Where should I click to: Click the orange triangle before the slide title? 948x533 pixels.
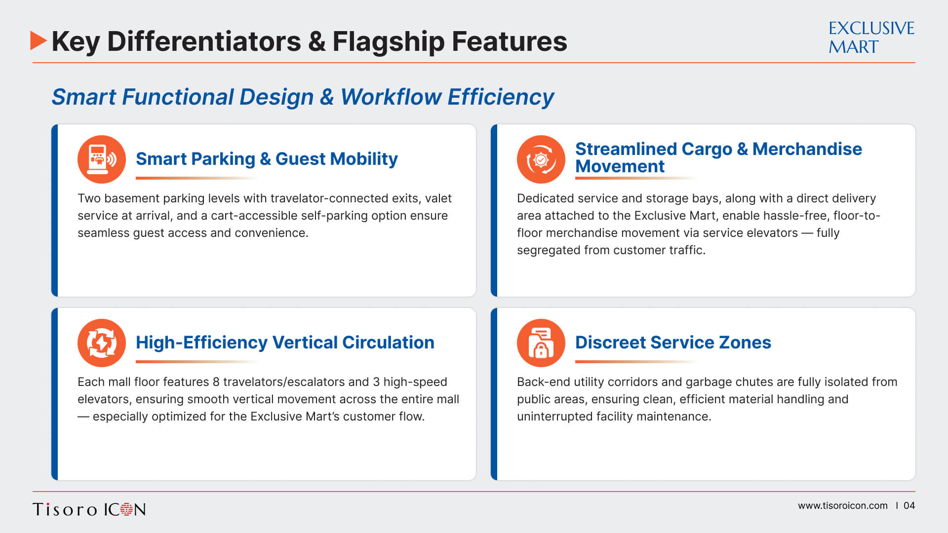(38, 40)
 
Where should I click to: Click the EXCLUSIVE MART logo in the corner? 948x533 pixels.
(871, 38)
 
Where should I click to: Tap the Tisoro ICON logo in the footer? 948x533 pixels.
(89, 509)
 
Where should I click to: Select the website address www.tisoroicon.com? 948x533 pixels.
(842, 505)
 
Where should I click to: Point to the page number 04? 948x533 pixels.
(909, 505)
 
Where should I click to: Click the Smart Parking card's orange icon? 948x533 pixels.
(102, 159)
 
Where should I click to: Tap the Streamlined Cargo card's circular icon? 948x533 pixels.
(541, 159)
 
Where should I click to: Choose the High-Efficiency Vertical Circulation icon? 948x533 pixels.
(102, 343)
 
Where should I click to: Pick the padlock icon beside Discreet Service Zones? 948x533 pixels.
(541, 343)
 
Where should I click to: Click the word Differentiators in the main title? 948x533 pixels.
(204, 41)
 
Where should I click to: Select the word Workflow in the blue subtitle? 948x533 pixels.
(391, 97)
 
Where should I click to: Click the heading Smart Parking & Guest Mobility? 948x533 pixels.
(267, 159)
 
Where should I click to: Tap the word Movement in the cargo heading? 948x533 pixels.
(620, 166)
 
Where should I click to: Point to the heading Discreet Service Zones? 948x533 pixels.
(673, 343)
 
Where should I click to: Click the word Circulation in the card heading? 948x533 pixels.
(388, 343)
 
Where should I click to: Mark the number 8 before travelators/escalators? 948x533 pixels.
(216, 382)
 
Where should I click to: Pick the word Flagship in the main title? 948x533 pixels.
(389, 42)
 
